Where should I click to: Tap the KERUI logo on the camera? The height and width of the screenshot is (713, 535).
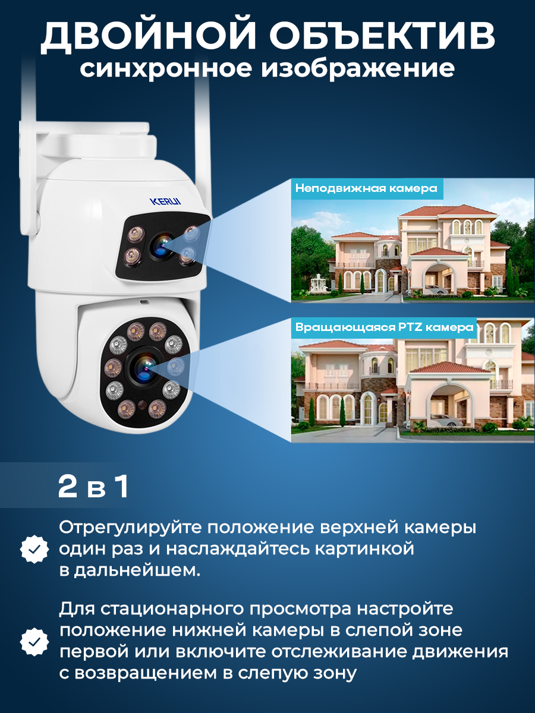coord(165,201)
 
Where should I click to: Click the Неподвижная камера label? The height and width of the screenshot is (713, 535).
coord(366,188)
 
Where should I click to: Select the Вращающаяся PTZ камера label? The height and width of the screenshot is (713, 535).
coord(384,327)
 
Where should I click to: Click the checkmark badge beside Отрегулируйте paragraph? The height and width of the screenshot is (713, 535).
coord(34,548)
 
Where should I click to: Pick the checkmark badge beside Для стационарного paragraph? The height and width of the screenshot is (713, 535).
coord(34,641)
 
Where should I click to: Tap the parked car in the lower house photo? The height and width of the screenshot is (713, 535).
coord(446,422)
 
